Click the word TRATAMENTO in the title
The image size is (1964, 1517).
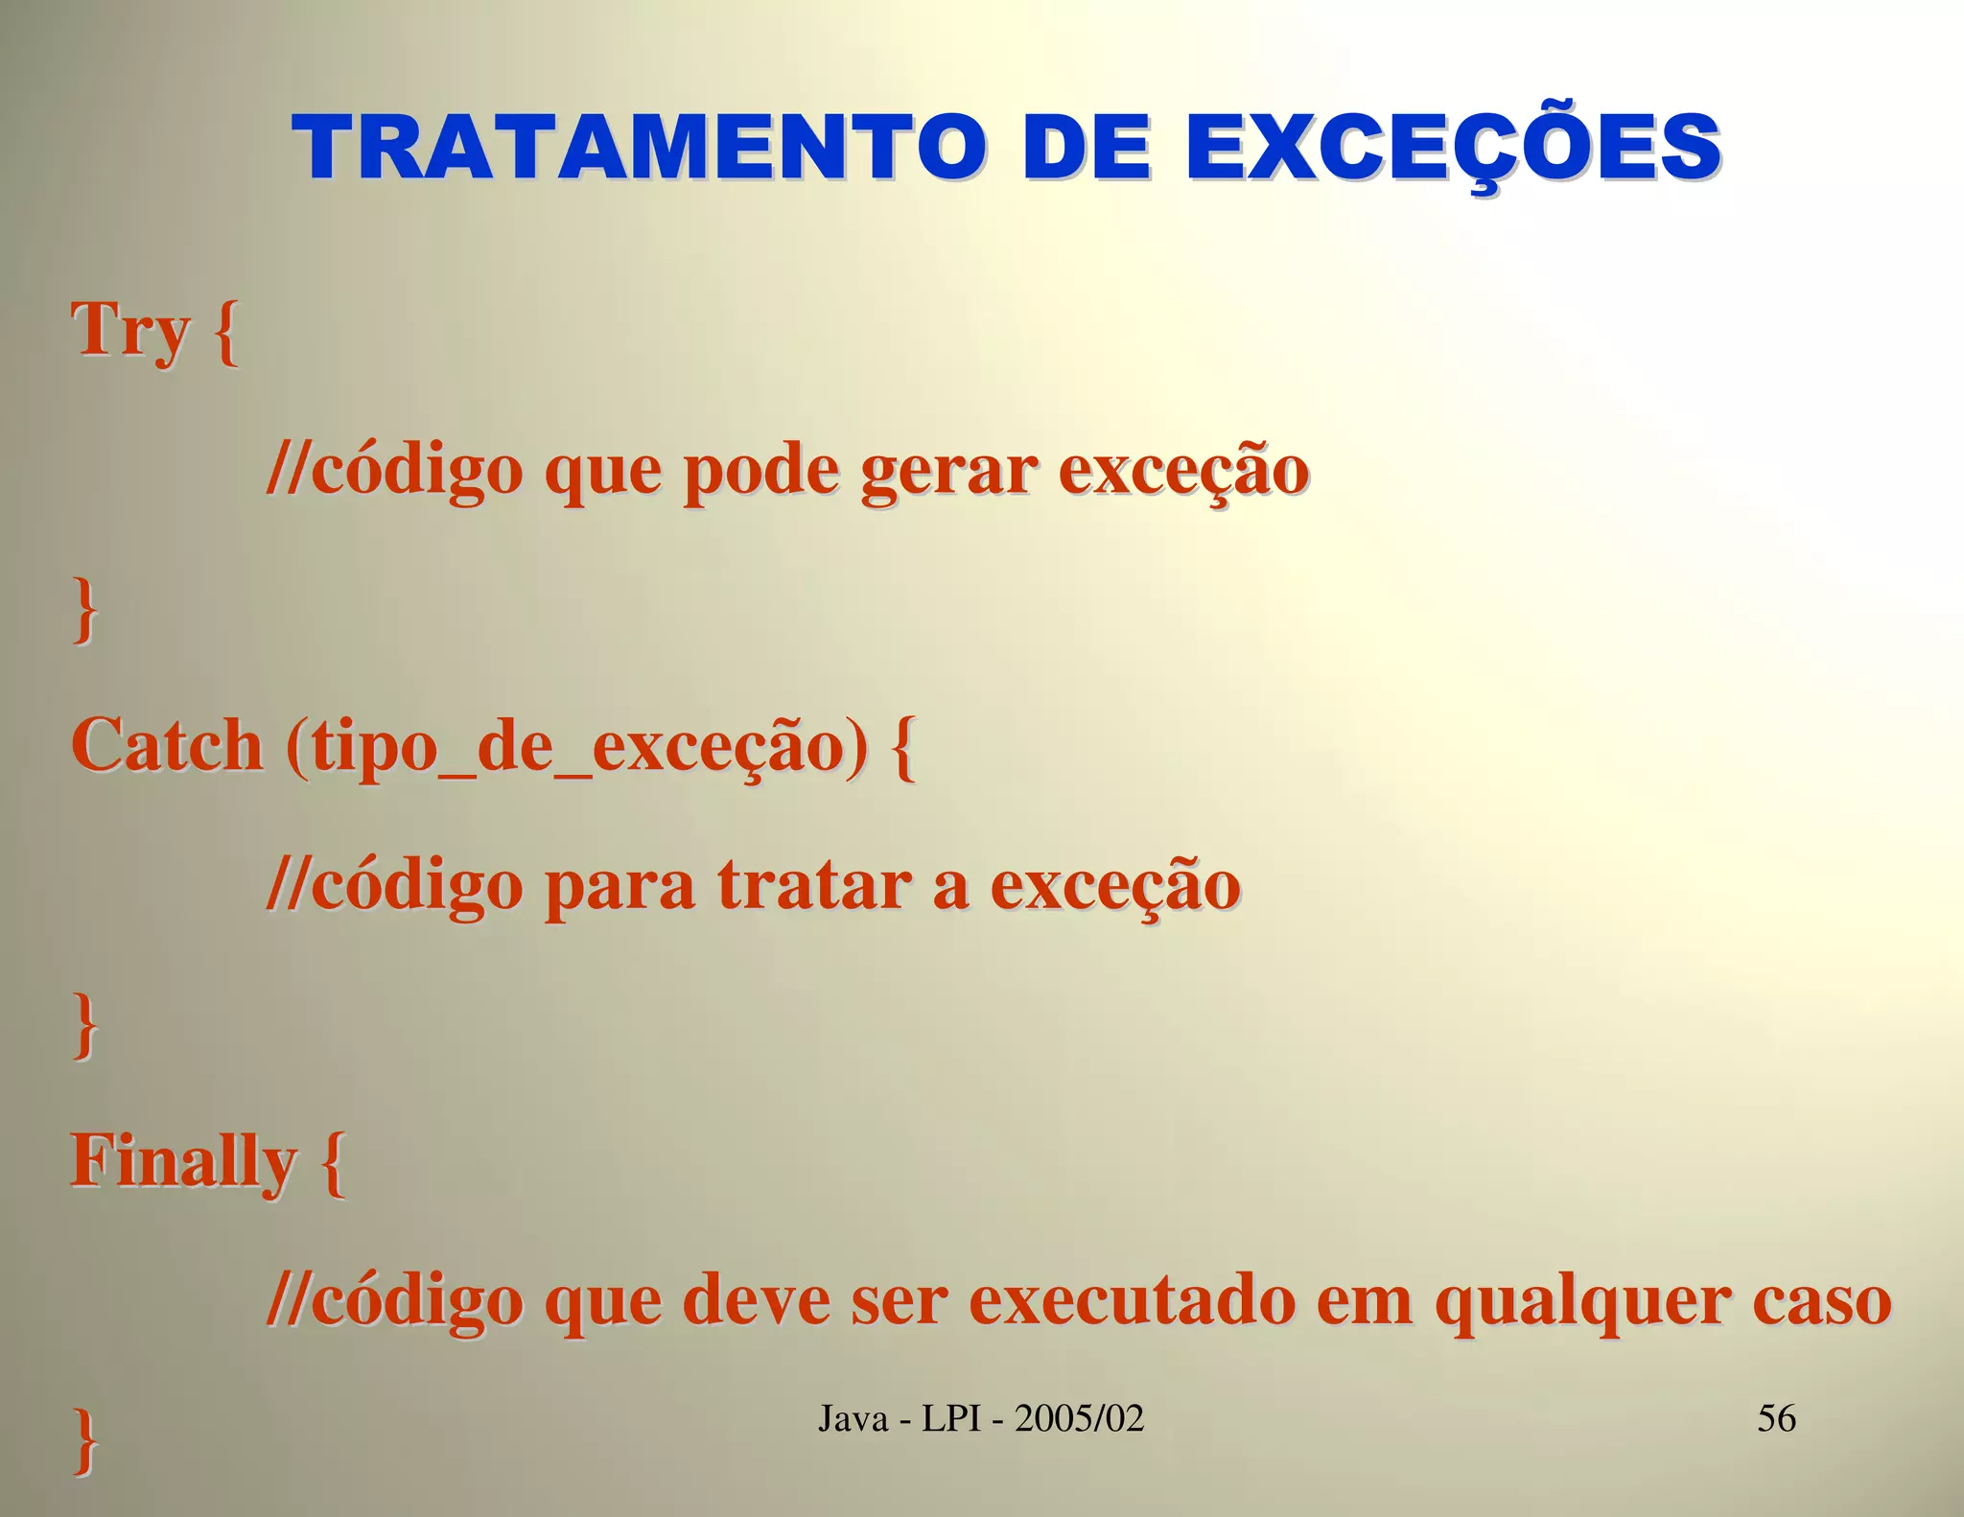638,148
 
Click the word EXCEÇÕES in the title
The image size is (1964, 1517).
1452,148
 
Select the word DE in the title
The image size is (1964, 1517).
1086,148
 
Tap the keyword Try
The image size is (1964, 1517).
130,331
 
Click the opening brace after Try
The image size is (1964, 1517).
226,331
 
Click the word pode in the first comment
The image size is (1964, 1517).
760,471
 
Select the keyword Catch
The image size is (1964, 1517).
167,746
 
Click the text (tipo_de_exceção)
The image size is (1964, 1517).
576,746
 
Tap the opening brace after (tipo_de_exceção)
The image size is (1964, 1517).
902,746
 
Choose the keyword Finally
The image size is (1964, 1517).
183,1161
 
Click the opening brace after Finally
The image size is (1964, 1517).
333,1161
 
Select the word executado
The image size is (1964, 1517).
1132,1301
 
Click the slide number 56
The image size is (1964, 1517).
1775,1418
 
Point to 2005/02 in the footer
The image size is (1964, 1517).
1079,1418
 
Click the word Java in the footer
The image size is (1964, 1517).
853,1418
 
